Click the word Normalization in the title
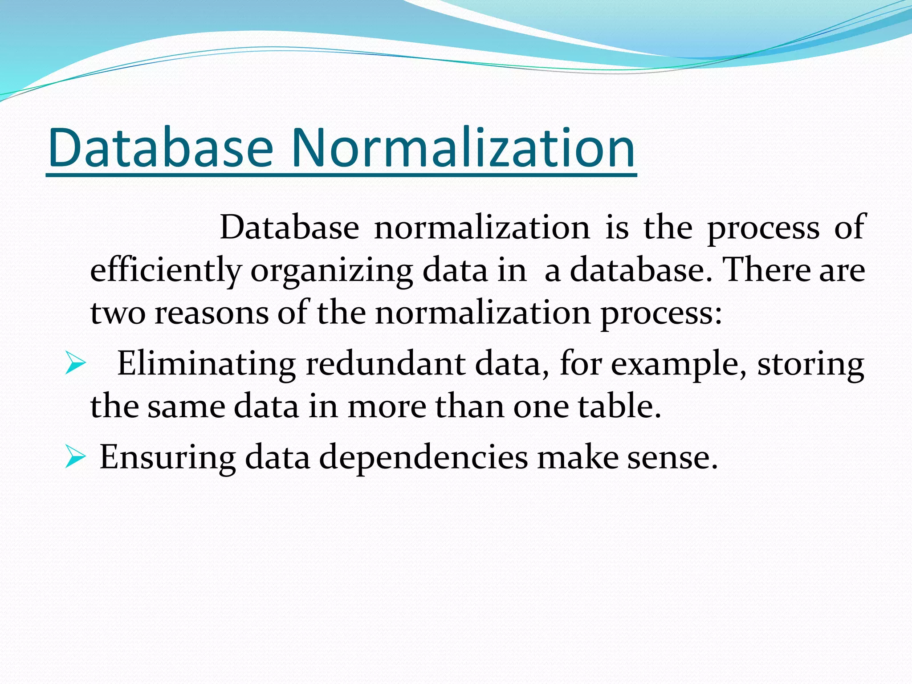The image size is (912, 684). tap(463, 148)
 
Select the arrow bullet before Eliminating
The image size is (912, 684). tap(75, 363)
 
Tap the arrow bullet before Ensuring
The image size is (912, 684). tap(75, 457)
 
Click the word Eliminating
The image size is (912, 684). tap(206, 364)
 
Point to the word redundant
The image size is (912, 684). tap(386, 364)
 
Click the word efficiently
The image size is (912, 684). tap(166, 271)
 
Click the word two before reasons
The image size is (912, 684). tap(118, 313)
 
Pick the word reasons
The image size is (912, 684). tap(212, 313)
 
